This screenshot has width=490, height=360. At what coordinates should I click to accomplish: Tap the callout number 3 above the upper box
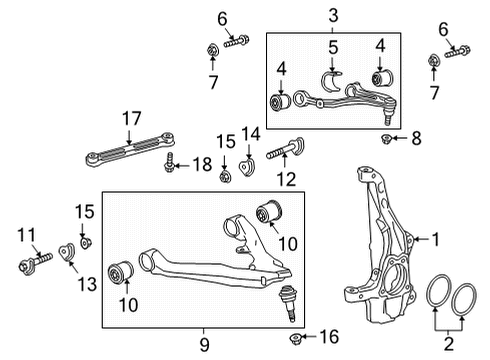(x=333, y=16)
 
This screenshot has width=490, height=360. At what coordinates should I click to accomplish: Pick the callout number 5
(x=335, y=46)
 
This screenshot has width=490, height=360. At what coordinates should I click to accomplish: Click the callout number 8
(x=415, y=137)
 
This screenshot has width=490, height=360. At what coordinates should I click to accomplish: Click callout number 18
(x=203, y=163)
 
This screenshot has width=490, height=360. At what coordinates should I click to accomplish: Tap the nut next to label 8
(x=391, y=137)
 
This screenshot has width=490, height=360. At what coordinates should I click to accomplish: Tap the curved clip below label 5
(x=334, y=81)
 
